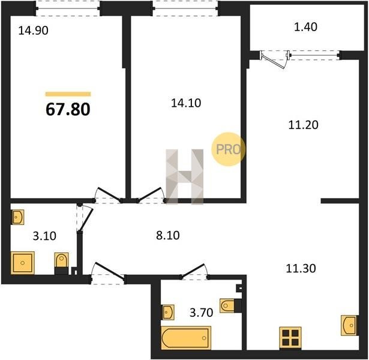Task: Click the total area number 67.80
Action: click(x=68, y=109)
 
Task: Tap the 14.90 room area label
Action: click(x=33, y=31)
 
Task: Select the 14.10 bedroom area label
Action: click(x=186, y=103)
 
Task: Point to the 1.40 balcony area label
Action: click(x=305, y=27)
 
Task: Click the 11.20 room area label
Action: click(x=303, y=125)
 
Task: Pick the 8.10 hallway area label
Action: click(x=168, y=235)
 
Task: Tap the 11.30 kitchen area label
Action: click(x=301, y=268)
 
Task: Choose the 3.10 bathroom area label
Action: click(x=44, y=236)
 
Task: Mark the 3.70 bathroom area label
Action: click(x=201, y=313)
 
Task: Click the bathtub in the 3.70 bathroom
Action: click(x=186, y=338)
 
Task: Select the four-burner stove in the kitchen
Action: click(x=290, y=337)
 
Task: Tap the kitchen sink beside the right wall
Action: click(x=350, y=325)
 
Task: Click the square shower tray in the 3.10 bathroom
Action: click(x=23, y=263)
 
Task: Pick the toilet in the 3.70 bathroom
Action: click(x=230, y=305)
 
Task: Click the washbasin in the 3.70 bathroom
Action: click(x=168, y=312)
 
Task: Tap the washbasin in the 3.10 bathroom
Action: click(x=17, y=217)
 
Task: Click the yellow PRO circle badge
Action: click(x=228, y=149)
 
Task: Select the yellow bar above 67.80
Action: click(x=68, y=94)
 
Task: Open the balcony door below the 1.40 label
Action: click(x=274, y=60)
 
